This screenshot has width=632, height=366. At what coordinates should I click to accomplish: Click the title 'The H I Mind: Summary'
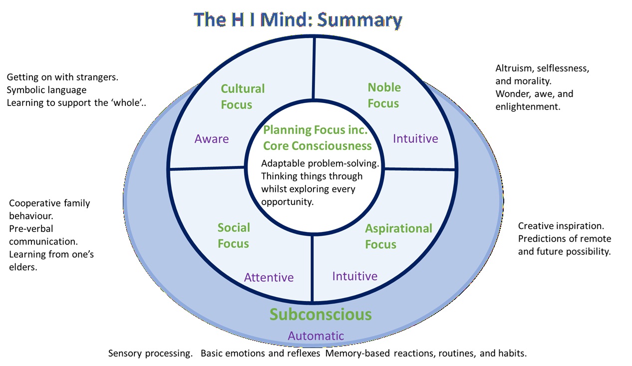[298, 19]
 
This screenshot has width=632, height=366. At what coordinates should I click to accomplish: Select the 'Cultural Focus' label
[243, 96]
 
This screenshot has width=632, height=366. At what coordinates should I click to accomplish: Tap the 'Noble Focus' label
[384, 95]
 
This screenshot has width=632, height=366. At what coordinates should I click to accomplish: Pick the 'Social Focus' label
[234, 235]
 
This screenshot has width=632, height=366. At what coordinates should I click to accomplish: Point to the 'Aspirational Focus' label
[398, 236]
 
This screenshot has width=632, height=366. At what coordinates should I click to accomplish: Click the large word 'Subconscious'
[320, 314]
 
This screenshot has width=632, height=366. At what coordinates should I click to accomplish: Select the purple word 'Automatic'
[316, 335]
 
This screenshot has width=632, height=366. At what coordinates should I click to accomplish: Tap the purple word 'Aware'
[212, 138]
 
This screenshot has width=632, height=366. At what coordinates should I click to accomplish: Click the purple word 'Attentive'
[269, 277]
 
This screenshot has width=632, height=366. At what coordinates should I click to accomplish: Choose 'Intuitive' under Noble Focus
[415, 138]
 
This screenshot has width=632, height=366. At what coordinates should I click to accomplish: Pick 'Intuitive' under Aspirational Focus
[354, 275]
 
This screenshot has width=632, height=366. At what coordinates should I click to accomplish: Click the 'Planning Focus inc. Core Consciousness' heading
[317, 138]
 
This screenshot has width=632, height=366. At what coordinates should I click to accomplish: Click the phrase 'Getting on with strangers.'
[65, 77]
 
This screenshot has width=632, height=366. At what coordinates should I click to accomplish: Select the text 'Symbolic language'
[46, 90]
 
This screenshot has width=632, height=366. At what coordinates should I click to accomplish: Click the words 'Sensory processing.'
[150, 353]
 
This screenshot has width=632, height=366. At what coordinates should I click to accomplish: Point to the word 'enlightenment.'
[528, 106]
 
